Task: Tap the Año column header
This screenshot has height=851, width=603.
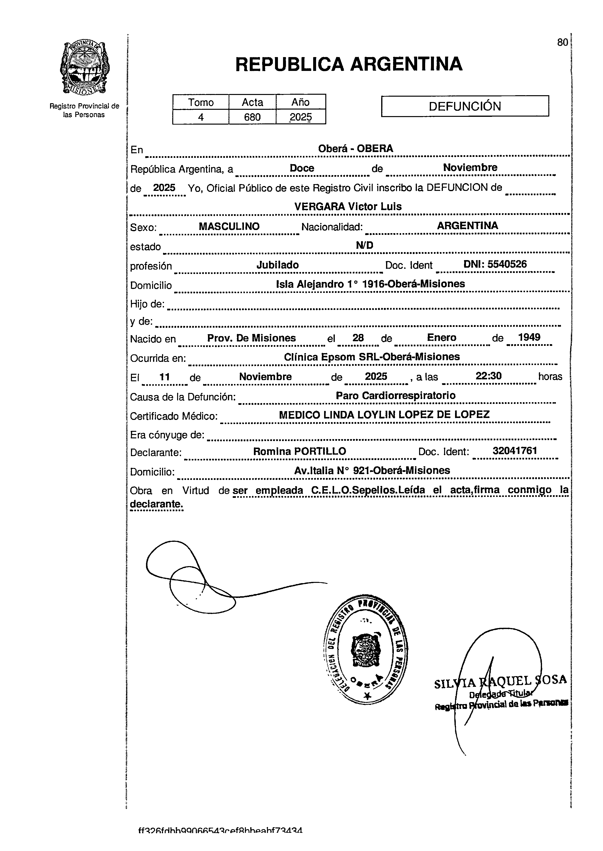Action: [x=300, y=102]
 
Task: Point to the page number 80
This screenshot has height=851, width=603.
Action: [x=562, y=43]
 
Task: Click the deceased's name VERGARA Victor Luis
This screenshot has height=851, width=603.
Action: [x=348, y=206]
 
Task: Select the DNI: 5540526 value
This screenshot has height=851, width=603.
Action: [x=495, y=264]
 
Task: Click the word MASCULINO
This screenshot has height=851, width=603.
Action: [x=229, y=226]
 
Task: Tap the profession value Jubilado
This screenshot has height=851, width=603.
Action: [x=277, y=265]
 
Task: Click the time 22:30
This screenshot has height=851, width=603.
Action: [x=488, y=376]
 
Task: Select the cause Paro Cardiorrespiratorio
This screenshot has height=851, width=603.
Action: [x=396, y=396]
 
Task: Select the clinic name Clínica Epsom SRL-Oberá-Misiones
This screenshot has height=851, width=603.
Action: [x=372, y=357]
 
